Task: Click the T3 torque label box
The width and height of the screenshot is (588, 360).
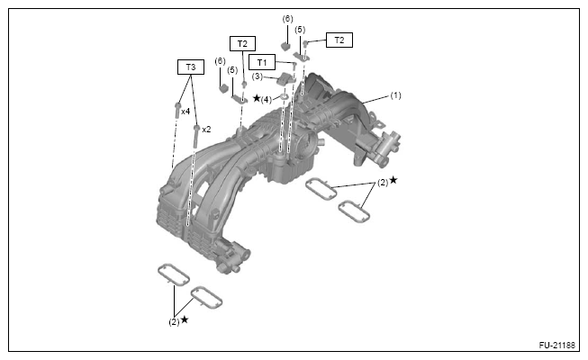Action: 190,67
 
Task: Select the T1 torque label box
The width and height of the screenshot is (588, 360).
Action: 263,62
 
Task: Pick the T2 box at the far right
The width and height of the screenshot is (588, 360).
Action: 339,40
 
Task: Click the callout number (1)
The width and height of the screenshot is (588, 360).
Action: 395,94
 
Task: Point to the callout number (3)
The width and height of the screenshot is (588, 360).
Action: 257,76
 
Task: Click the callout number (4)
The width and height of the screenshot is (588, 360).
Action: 267,99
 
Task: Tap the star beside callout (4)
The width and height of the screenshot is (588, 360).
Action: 257,98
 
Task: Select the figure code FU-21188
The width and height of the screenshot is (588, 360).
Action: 557,345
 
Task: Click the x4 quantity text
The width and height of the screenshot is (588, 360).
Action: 185,112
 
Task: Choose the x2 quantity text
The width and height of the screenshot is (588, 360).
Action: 205,129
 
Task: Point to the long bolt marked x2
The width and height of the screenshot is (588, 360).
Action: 194,135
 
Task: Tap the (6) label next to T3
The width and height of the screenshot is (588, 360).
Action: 220,61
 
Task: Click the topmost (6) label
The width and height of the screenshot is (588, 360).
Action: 287,19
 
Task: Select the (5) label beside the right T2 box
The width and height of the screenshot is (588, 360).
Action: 300,30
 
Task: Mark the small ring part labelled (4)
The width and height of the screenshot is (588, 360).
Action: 282,96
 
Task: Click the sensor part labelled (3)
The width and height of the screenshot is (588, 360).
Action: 282,80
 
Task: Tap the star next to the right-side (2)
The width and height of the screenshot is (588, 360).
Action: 393,180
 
